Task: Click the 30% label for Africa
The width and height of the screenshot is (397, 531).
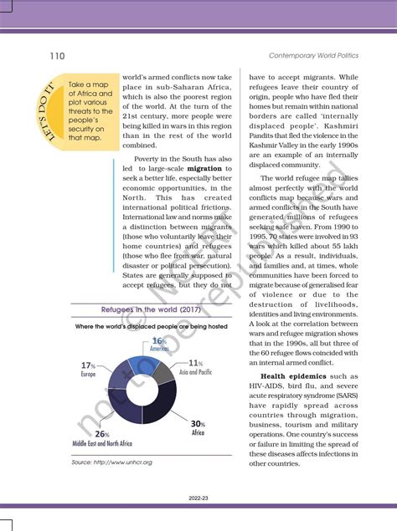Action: [x=198, y=425]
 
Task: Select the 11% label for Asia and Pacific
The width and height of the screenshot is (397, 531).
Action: [x=195, y=363]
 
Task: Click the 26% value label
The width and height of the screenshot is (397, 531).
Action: [x=101, y=434]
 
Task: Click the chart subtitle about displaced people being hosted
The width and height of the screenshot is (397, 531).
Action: [x=149, y=325]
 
